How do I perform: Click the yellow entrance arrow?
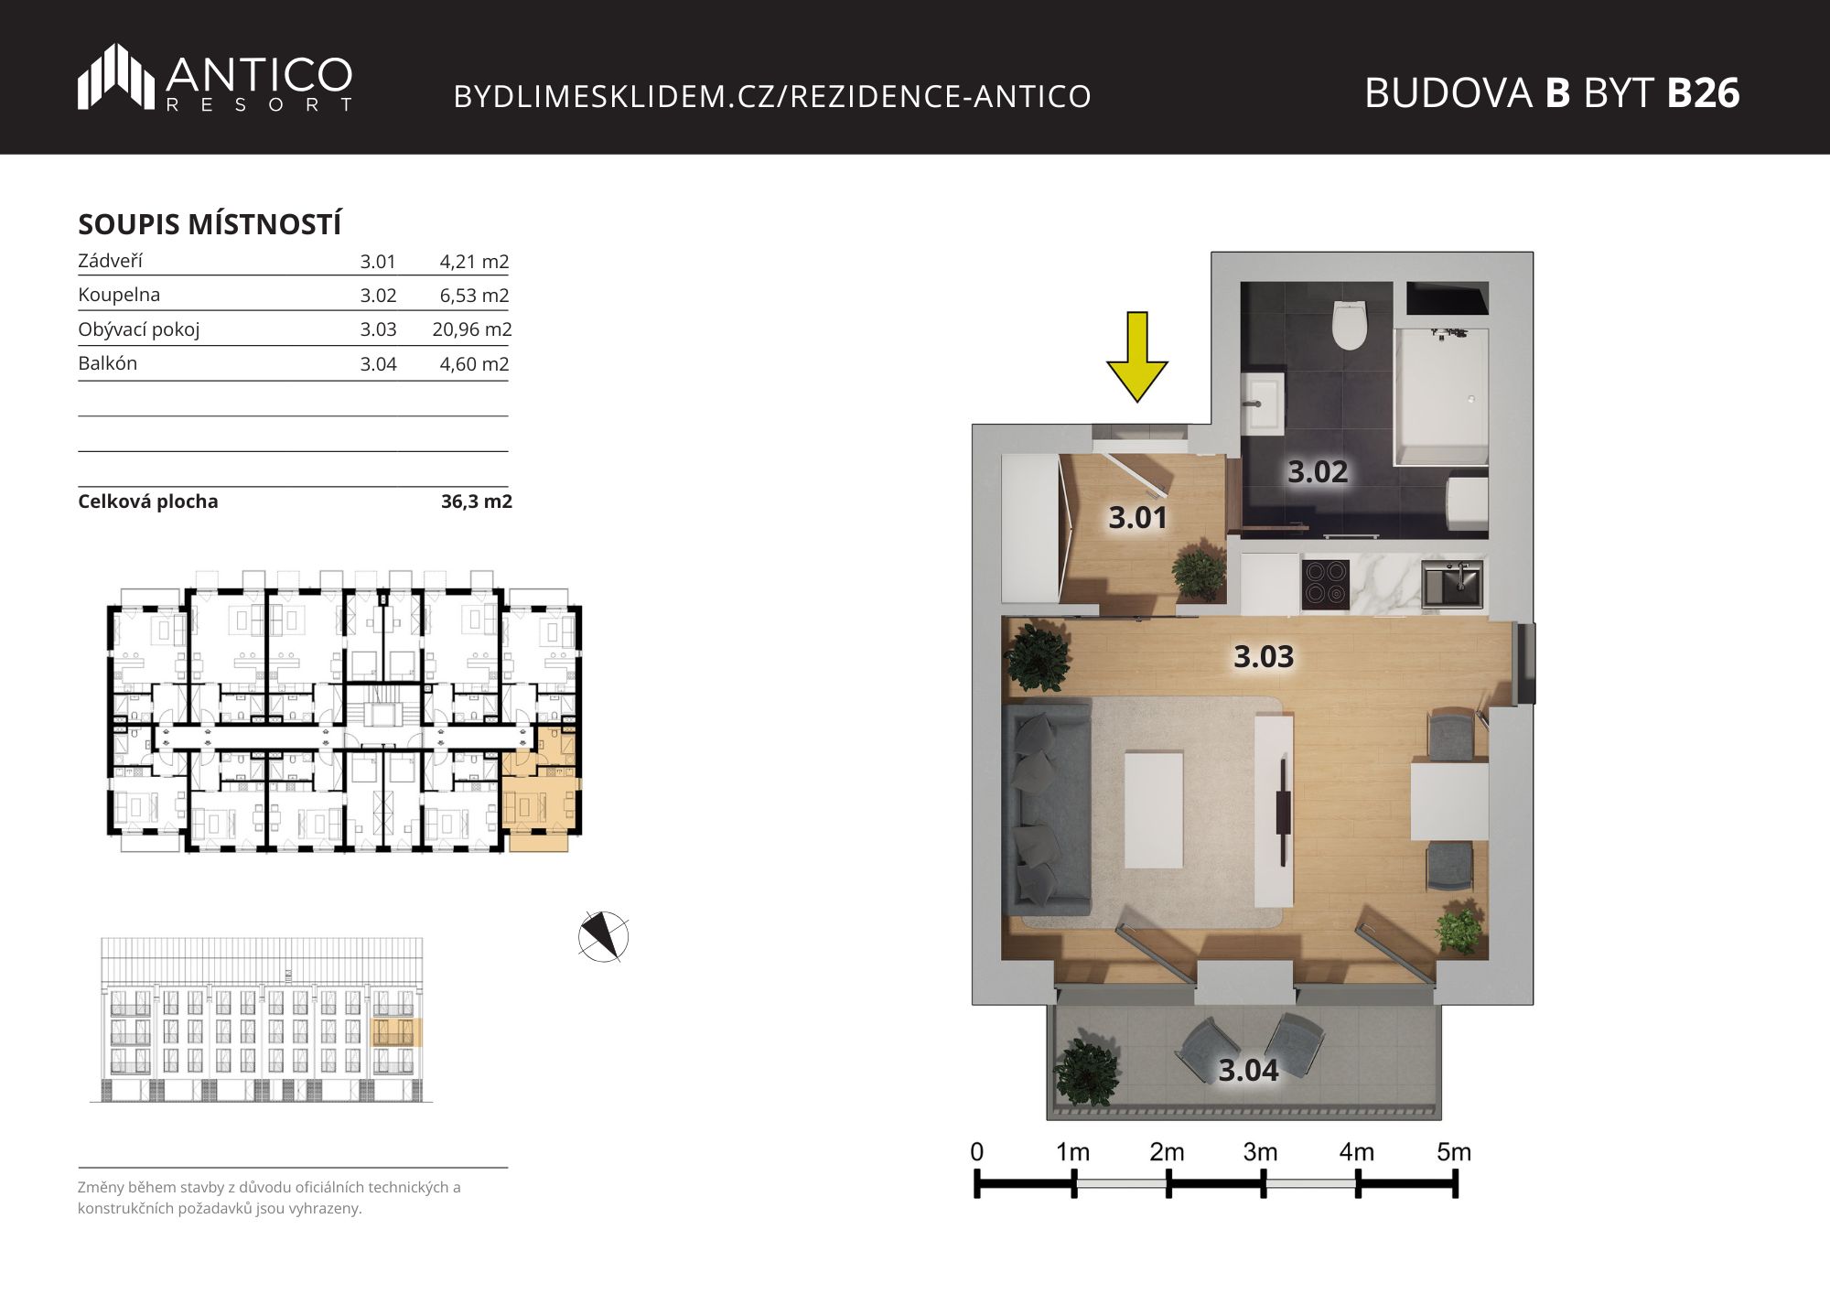pos(1136,357)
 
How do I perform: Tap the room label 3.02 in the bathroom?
pos(1318,471)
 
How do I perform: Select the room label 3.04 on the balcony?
pos(1248,1070)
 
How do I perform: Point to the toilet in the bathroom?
pos(1350,325)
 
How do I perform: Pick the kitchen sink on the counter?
pos(1452,583)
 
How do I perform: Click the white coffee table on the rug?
pos(1154,809)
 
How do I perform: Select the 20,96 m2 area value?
pos(472,329)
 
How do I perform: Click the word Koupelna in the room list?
pos(119,295)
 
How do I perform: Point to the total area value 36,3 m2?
pos(477,501)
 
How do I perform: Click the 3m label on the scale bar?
pos(1260,1152)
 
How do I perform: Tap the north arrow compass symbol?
pos(604,936)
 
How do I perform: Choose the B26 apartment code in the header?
pos(1703,92)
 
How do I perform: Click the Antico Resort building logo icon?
pos(116,76)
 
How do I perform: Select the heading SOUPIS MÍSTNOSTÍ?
pos(210,224)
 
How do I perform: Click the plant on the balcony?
pos(1086,1072)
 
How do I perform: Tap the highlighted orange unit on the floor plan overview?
pos(542,789)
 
